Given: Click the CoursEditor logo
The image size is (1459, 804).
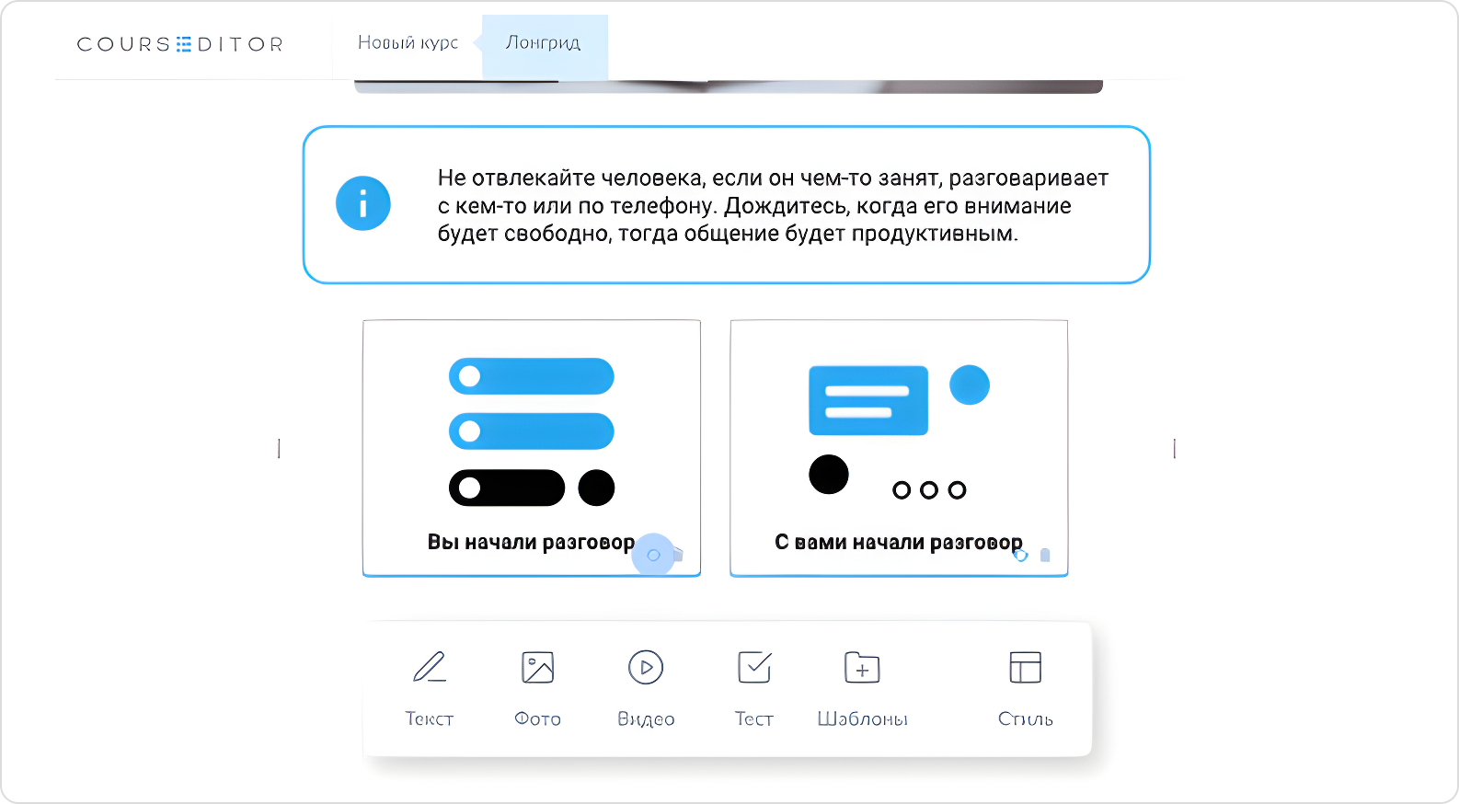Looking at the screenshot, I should pyautogui.click(x=179, y=44).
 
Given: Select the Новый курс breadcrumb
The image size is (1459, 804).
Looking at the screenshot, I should pyautogui.click(x=408, y=42).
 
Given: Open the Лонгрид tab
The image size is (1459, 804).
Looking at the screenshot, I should pyautogui.click(x=543, y=42).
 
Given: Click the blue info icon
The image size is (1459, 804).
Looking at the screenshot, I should pyautogui.click(x=362, y=203).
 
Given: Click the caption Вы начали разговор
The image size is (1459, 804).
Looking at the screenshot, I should pyautogui.click(x=531, y=543).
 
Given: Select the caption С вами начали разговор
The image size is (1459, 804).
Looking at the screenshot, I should pyautogui.click(x=898, y=543).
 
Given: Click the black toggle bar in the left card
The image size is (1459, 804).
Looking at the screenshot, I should pyautogui.click(x=506, y=488).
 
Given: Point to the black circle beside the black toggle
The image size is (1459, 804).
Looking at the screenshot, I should pyautogui.click(x=596, y=488).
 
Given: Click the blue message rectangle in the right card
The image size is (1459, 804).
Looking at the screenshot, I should pyautogui.click(x=867, y=400).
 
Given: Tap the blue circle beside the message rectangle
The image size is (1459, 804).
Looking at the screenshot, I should pyautogui.click(x=969, y=385).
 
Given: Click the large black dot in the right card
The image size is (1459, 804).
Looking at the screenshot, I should pyautogui.click(x=828, y=475).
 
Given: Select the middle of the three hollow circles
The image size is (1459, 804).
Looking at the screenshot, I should pyautogui.click(x=929, y=490).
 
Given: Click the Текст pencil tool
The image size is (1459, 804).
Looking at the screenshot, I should pyautogui.click(x=430, y=668).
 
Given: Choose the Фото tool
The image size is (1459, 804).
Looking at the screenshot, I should pyautogui.click(x=537, y=668).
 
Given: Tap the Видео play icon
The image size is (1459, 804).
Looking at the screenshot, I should pyautogui.click(x=646, y=668).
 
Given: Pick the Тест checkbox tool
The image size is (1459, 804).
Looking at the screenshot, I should pyautogui.click(x=754, y=668).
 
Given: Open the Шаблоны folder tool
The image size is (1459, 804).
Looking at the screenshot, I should pyautogui.click(x=862, y=668).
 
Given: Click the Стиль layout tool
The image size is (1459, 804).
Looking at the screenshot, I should pyautogui.click(x=1025, y=668).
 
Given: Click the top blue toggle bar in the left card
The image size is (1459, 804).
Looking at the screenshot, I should pyautogui.click(x=532, y=376).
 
